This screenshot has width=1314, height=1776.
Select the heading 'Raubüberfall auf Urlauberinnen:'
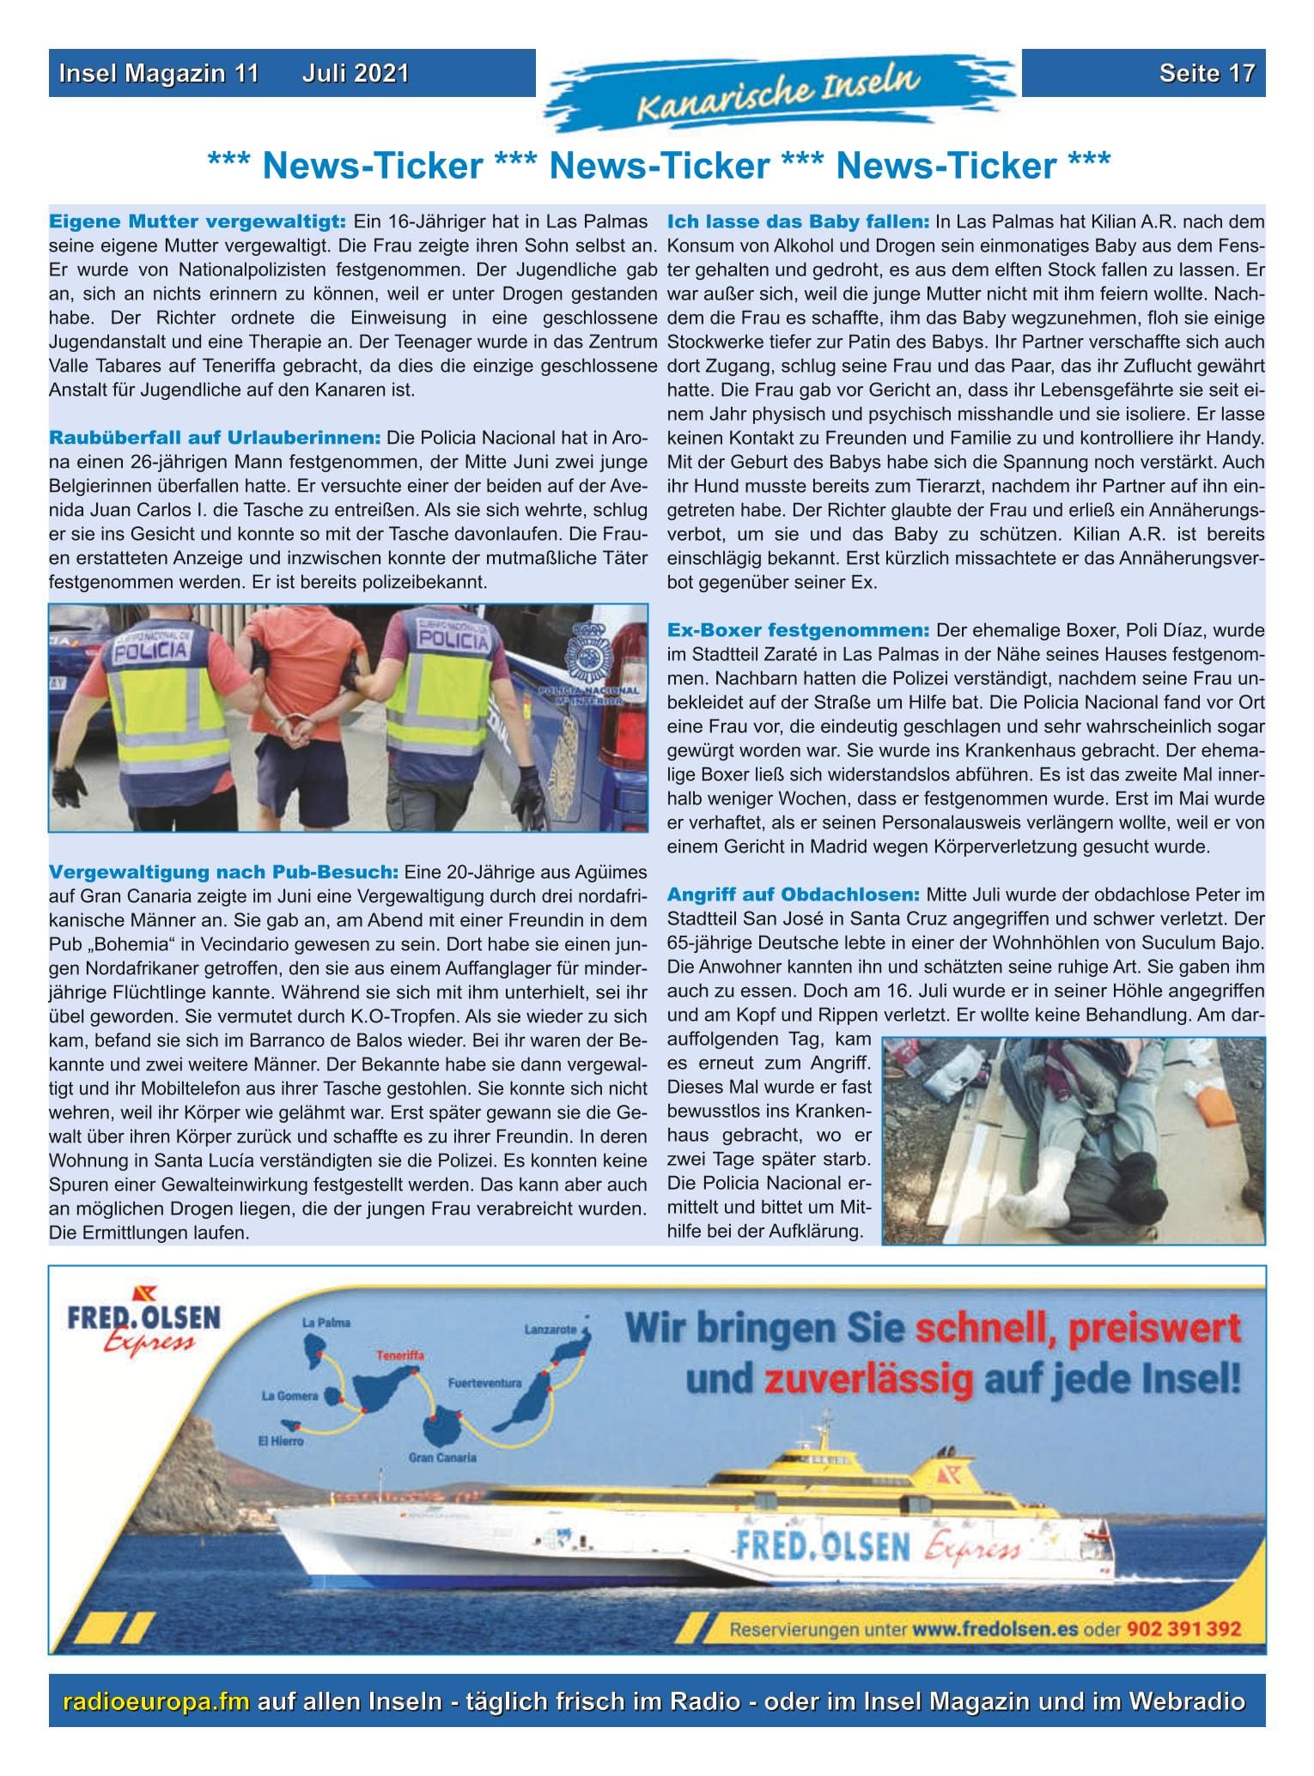pyautogui.click(x=215, y=438)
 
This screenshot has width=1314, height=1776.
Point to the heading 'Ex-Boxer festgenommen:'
pyautogui.click(x=798, y=630)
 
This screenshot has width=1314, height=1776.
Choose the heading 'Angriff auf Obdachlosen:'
pyautogui.click(x=794, y=894)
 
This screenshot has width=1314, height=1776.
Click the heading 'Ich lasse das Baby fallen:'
pyautogui.click(x=798, y=222)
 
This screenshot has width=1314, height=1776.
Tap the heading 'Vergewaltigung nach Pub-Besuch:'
pyautogui.click(x=223, y=873)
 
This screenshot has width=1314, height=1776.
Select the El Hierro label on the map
pyautogui.click(x=281, y=1441)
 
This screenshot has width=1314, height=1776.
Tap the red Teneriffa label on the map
pyautogui.click(x=399, y=1356)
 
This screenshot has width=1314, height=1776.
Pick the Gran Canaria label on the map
pyautogui.click(x=442, y=1457)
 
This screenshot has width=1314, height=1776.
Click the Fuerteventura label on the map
pyautogui.click(x=485, y=1383)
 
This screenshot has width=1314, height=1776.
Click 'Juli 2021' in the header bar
pyautogui.click(x=355, y=74)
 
